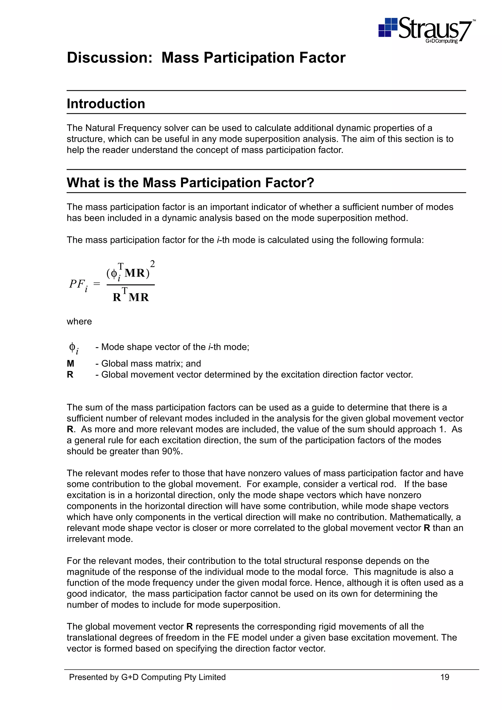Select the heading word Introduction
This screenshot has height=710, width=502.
click(x=106, y=104)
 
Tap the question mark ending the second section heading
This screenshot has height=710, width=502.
click(x=310, y=183)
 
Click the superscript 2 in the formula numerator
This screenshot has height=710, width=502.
click(x=152, y=264)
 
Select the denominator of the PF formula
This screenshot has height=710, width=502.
click(x=131, y=296)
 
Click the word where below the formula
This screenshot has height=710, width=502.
click(x=79, y=322)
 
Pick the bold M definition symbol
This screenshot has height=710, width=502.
click(x=71, y=363)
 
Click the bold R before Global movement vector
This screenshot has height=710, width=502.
click(x=70, y=375)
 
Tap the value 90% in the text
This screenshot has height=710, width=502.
click(x=172, y=451)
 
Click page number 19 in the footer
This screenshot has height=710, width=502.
click(x=444, y=677)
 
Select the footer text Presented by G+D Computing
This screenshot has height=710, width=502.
click(x=147, y=677)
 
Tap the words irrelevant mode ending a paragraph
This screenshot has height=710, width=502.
click(x=100, y=539)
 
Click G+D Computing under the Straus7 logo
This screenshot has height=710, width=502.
click(x=441, y=41)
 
